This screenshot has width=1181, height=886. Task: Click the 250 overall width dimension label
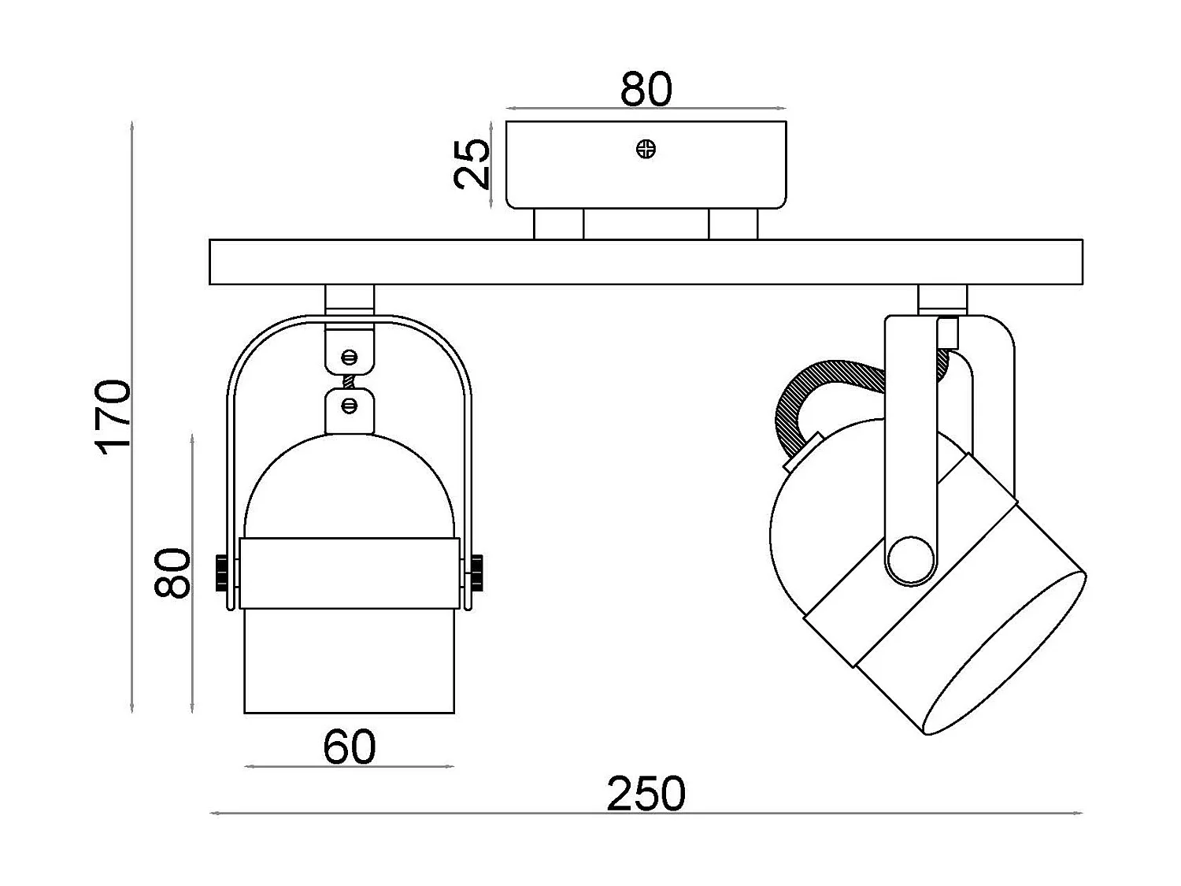tap(646, 793)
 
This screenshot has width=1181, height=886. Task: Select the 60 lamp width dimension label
tap(350, 747)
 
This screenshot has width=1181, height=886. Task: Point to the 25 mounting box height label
tap(472, 164)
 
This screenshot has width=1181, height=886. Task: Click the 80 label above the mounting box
tap(646, 89)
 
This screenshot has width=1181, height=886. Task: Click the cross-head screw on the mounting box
tap(646, 149)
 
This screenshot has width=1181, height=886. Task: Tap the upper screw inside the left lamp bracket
tap(350, 357)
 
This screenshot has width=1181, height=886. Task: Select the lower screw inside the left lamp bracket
tap(350, 406)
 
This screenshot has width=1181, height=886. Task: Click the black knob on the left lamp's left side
tap(222, 573)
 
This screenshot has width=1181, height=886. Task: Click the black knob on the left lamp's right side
tap(476, 573)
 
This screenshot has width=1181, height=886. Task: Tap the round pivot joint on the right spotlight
tap(910, 559)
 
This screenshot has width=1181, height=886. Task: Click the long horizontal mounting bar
tap(646, 262)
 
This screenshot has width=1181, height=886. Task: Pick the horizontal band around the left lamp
tap(350, 573)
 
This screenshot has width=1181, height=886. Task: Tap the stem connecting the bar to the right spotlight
tap(942, 299)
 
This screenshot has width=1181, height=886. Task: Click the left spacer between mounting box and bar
tap(558, 224)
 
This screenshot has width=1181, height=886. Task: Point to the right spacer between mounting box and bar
tap(733, 224)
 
